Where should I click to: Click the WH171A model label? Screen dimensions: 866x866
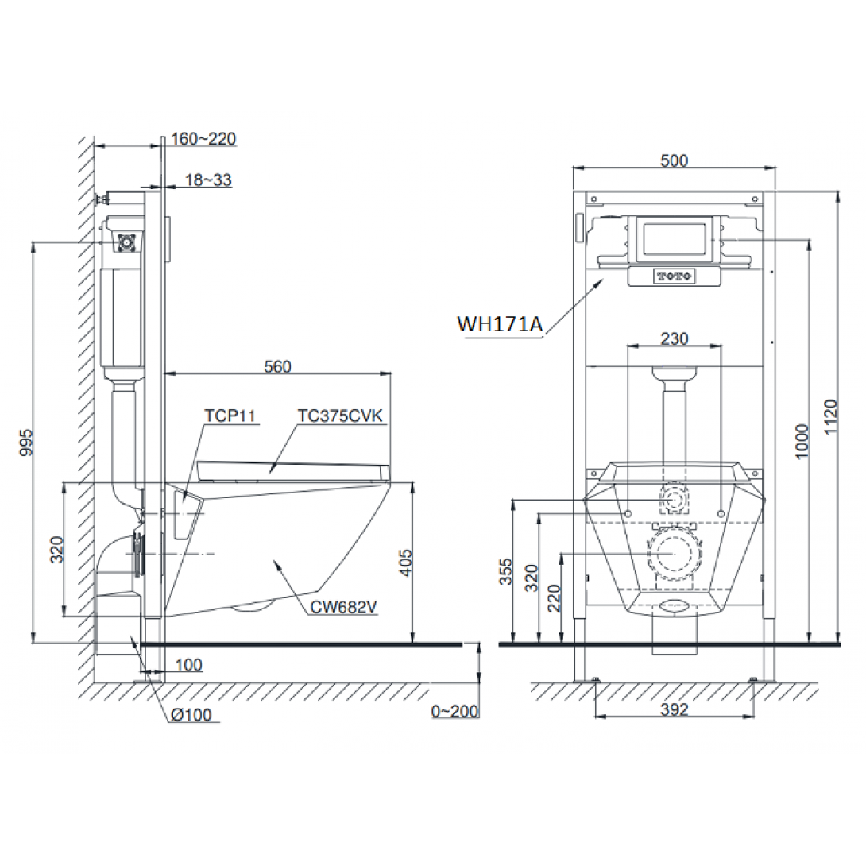[500, 324]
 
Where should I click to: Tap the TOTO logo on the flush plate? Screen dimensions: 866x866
[675, 276]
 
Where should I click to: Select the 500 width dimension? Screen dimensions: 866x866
[675, 160]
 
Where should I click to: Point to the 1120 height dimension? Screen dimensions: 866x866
[831, 417]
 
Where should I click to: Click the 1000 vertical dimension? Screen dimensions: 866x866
[802, 441]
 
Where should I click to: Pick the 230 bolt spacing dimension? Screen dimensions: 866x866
[675, 338]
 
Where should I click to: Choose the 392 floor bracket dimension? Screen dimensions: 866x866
[675, 709]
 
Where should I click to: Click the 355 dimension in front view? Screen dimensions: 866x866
[506, 571]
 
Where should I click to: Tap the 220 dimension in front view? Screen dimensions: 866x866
[554, 597]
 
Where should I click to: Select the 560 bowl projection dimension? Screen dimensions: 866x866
[277, 367]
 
